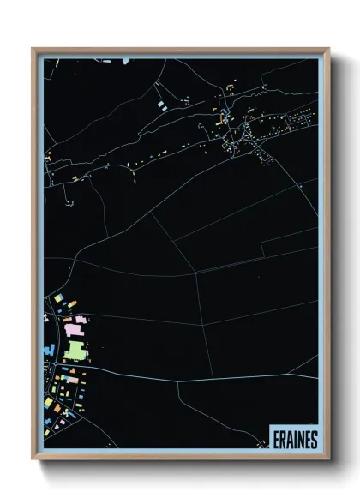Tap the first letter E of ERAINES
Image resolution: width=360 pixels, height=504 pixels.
pos(276,439)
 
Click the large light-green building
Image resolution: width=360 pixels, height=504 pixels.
pos(75,350)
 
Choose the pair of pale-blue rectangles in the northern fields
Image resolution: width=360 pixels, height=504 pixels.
pos(160,104)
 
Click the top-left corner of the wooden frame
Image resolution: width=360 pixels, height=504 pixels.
pos(33,49)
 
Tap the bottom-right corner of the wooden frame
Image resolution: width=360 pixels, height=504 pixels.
pos(328,460)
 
